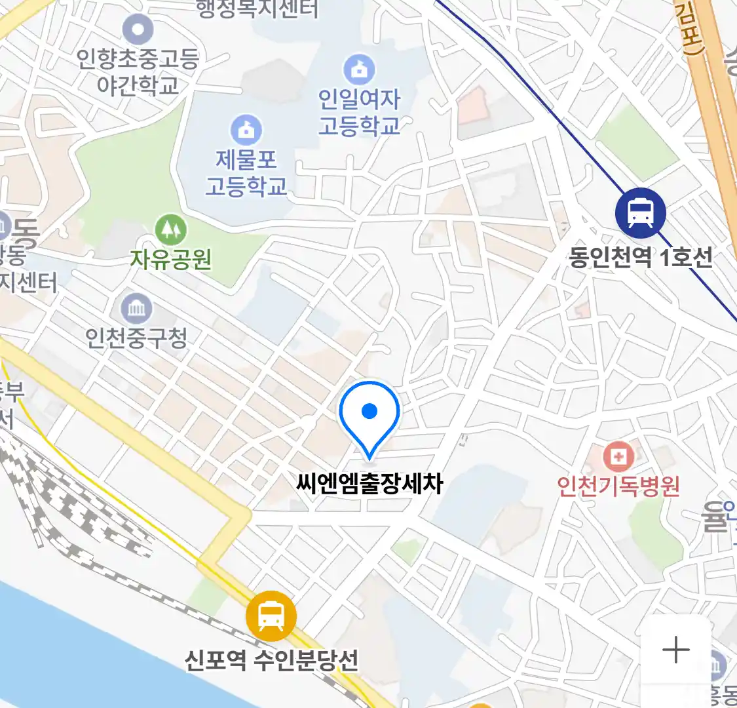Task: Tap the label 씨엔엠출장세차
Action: coord(369,484)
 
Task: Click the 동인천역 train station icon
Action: coord(640,213)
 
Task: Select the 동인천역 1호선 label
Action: coord(640,257)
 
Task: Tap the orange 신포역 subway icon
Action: coord(271,616)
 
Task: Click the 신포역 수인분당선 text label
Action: coord(271,659)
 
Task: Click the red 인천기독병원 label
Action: coord(618,486)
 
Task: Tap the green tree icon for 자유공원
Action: coord(170,229)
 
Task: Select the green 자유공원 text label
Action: coord(170,260)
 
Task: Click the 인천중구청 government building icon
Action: coord(136,308)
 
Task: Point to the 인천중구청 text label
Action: coord(136,338)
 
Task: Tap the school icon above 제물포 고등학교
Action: coord(246,130)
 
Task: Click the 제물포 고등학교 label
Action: coord(246,173)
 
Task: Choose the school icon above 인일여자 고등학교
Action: coord(359,69)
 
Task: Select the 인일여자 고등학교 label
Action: coord(359,112)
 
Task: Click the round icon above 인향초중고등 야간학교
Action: coord(138,29)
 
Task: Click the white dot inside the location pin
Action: coord(369,411)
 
